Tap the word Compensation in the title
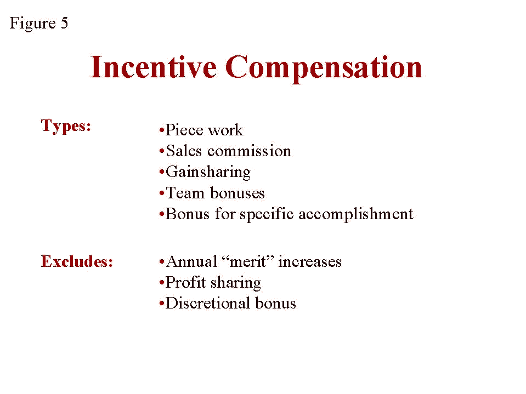point(324,68)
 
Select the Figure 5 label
point(39,24)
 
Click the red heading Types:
point(66,127)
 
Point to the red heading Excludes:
point(77,261)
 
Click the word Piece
point(184,130)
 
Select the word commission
point(249,151)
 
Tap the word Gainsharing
point(208,173)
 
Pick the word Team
point(185,193)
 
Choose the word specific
point(267,214)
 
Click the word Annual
point(191,261)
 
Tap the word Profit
point(185,282)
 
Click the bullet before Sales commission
point(162,152)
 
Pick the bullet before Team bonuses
point(162,193)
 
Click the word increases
point(310,261)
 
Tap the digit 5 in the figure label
point(64,23)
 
